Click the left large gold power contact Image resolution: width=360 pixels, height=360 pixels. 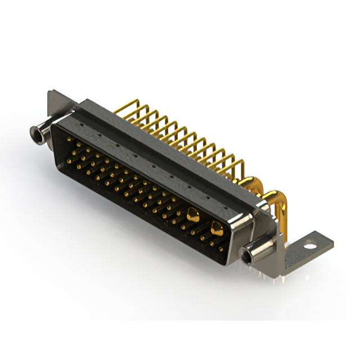193,214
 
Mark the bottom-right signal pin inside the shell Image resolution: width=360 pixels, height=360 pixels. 220,247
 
